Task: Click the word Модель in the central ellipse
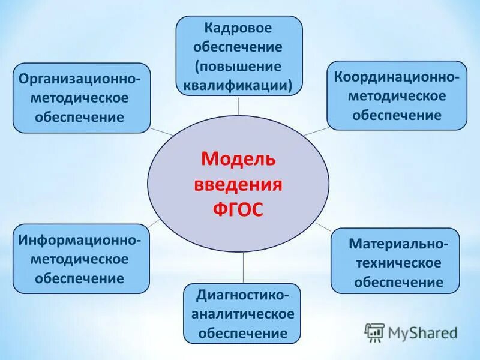tap(238, 159)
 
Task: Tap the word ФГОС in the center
tap(238, 209)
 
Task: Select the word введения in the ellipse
tap(238, 184)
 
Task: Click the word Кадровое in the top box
tap(238, 28)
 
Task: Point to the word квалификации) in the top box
tap(238, 85)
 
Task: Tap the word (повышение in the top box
tap(238, 66)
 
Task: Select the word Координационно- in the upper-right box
tap(397, 77)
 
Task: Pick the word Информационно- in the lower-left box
tap(80, 240)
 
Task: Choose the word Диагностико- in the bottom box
tap(242, 295)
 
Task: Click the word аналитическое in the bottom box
tap(242, 314)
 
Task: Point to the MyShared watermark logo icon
tap(375, 332)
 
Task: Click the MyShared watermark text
tap(423, 332)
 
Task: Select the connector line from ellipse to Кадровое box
tap(239, 105)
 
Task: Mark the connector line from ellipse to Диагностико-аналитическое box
tap(242, 268)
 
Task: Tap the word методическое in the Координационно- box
tap(397, 96)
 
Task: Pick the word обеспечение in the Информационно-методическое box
tap(80, 278)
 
